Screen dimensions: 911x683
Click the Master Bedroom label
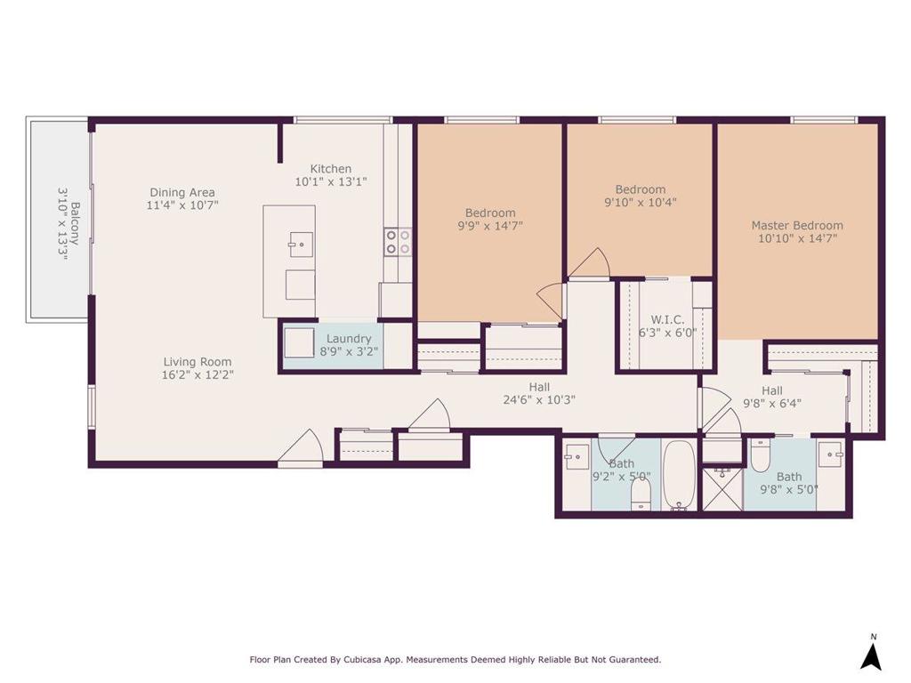(x=797, y=225)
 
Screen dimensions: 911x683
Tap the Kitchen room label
(x=331, y=169)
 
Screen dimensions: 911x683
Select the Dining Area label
(x=182, y=192)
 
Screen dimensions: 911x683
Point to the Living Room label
(x=198, y=362)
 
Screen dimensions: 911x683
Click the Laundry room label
(x=349, y=339)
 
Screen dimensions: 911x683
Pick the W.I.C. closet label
(x=667, y=319)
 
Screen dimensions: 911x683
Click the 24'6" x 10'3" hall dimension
(x=539, y=399)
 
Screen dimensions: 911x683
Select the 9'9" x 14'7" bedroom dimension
(x=490, y=225)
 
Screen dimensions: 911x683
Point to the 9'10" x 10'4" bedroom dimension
(x=641, y=202)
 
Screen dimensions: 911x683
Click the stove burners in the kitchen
(x=398, y=242)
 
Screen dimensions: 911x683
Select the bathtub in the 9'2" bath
(x=679, y=475)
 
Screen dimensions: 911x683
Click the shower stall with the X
(x=722, y=488)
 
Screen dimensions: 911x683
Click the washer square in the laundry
(x=299, y=342)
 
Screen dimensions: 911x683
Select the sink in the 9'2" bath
(x=576, y=456)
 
